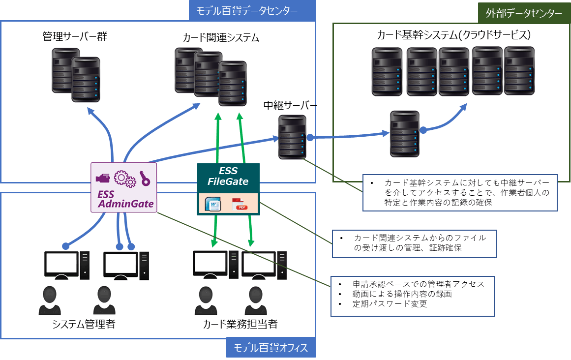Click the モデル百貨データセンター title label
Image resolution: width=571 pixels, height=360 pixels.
tap(251, 10)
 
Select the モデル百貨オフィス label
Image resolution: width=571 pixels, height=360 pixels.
tap(270, 348)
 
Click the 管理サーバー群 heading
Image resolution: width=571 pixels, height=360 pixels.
tap(75, 36)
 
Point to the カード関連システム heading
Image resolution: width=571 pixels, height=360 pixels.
tap(221, 37)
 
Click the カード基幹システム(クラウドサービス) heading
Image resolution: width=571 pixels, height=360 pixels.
tap(453, 35)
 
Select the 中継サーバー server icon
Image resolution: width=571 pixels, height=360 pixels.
tap(292, 137)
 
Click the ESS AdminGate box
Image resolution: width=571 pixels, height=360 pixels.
tap(124, 187)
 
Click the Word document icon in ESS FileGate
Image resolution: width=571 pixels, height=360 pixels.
tap(214, 204)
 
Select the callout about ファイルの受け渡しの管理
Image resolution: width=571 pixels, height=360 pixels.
tap(414, 243)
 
